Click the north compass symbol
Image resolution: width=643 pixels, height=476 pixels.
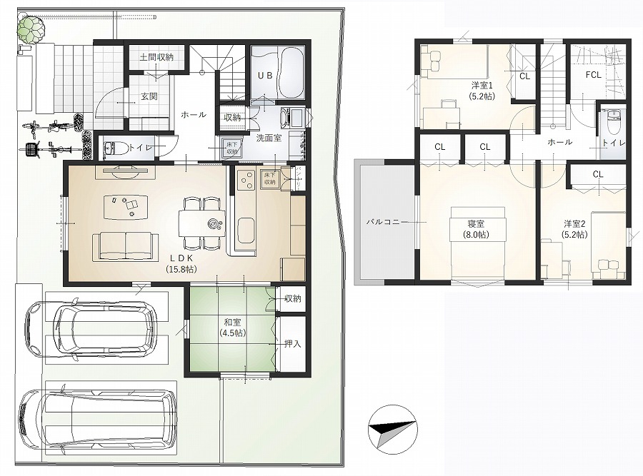click(x=393, y=430)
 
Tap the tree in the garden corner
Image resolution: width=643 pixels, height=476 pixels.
click(x=31, y=29)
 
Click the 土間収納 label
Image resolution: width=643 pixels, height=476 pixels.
click(x=156, y=57)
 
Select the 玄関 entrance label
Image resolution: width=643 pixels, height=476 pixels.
click(x=149, y=96)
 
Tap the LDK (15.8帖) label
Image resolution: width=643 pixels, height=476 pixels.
click(x=181, y=264)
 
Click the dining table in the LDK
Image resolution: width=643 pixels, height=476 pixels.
click(x=201, y=223)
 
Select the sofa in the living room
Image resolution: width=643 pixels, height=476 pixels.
click(x=126, y=246)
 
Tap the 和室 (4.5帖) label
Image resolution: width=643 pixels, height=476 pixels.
click(x=232, y=328)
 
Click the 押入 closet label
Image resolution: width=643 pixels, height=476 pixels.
click(x=293, y=344)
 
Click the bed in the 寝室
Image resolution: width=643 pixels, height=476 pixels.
click(x=477, y=243)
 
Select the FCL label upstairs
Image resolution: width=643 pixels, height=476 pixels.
click(x=594, y=75)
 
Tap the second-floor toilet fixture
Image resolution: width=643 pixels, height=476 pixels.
click(x=613, y=123)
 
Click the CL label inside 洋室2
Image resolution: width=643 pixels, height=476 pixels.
click(x=598, y=175)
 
